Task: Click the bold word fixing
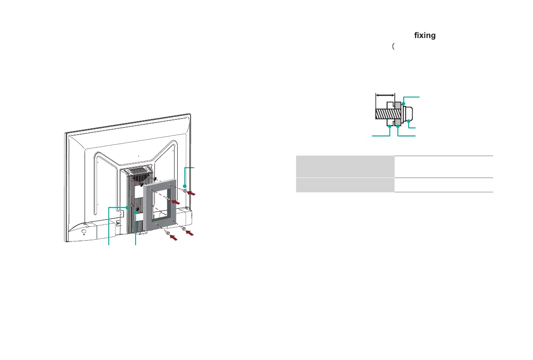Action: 425,35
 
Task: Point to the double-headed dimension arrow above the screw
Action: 385,95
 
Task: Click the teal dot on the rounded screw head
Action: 409,121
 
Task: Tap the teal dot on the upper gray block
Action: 403,104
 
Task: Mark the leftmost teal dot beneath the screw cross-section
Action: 390,127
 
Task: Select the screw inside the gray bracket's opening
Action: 167,199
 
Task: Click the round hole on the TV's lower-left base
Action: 85,232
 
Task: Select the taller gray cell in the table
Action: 345,167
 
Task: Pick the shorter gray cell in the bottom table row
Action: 345,185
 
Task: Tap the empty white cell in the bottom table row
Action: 443,185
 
